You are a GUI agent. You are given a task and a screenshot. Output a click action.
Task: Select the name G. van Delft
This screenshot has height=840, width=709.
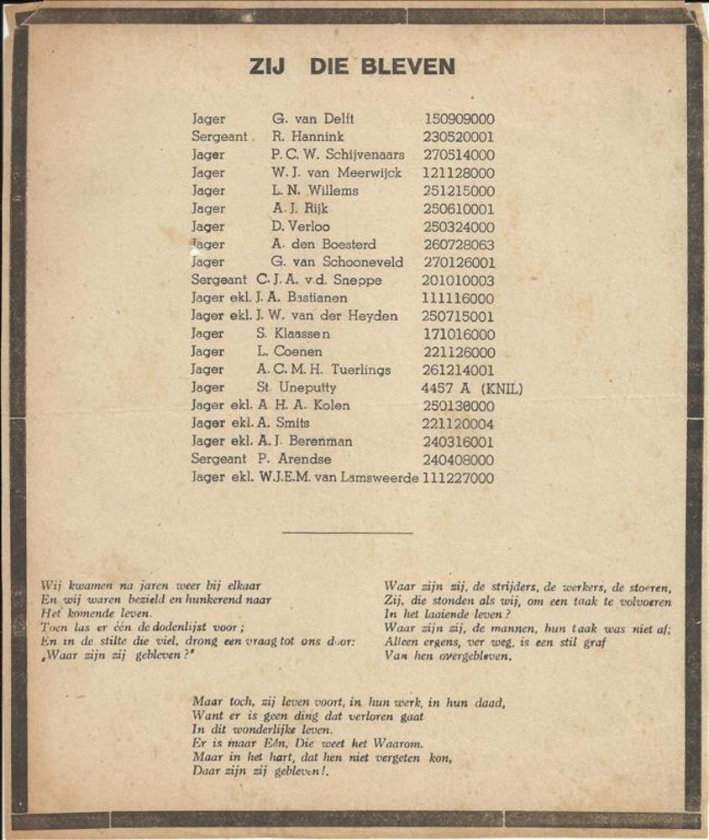pyautogui.click(x=312, y=118)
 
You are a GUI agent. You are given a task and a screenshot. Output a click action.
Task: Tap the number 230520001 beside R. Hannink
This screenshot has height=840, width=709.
pyautogui.click(x=459, y=137)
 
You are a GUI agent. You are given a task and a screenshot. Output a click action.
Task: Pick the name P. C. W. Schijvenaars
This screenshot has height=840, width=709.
pyautogui.click(x=337, y=155)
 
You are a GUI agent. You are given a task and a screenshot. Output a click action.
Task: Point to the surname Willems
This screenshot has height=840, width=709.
pyautogui.click(x=331, y=191)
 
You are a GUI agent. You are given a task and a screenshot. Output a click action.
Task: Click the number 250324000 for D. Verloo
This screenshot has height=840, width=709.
pyautogui.click(x=459, y=227)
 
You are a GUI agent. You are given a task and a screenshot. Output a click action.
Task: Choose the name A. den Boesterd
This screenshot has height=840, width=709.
pyautogui.click(x=323, y=244)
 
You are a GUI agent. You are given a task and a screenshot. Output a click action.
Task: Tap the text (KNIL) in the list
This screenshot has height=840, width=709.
pyautogui.click(x=502, y=388)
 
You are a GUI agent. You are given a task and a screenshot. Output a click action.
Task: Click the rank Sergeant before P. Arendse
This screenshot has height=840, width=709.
pyautogui.click(x=218, y=459)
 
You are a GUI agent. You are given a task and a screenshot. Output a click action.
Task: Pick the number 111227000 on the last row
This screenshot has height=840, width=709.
pyautogui.click(x=459, y=478)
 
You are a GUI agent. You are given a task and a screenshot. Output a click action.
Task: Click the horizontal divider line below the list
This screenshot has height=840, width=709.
pyautogui.click(x=347, y=533)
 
